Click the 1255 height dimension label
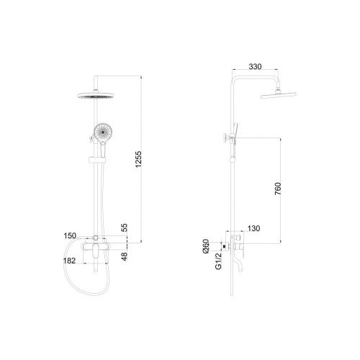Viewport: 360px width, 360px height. pyautogui.click(x=138, y=159)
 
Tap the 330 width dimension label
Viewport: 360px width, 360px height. pyautogui.click(x=255, y=66)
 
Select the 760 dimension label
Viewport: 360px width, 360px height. pyautogui.click(x=278, y=189)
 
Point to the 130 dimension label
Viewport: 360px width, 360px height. pyautogui.click(x=253, y=228)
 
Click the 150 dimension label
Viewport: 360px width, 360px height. pyautogui.click(x=70, y=235)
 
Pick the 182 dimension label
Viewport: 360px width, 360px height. pyautogui.click(x=70, y=261)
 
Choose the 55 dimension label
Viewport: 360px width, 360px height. pyautogui.click(x=125, y=228)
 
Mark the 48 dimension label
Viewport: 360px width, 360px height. pyautogui.click(x=125, y=256)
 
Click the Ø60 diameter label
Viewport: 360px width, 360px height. pyautogui.click(x=207, y=246)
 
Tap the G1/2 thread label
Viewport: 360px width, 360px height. pyautogui.click(x=218, y=261)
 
